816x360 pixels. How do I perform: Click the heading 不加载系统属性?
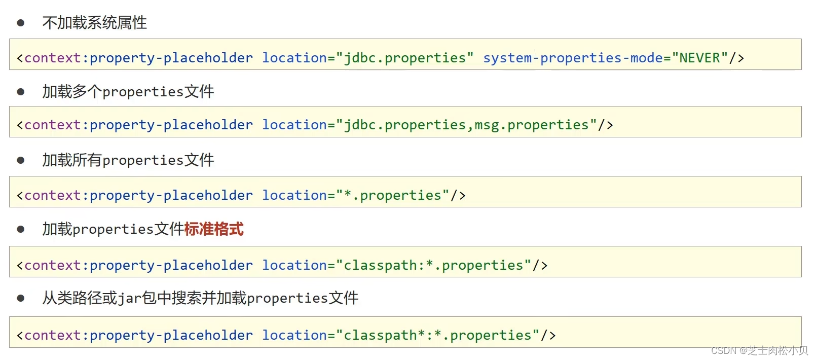[95, 23]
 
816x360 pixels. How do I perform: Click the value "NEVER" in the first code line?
[699, 58]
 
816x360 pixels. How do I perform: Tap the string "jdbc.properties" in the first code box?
[405, 58]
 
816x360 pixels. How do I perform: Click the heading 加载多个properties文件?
[128, 92]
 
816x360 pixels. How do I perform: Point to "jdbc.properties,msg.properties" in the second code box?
[466, 125]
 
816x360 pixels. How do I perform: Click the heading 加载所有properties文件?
[128, 160]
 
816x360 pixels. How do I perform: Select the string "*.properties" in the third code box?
[393, 196]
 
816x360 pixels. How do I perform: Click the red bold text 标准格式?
[214, 229]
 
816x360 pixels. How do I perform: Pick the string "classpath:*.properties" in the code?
[434, 266]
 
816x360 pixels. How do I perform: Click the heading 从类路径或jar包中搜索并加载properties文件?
[200, 298]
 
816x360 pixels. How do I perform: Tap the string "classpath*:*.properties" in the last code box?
[438, 336]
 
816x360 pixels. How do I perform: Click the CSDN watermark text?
[759, 350]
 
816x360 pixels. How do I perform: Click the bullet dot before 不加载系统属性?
[21, 23]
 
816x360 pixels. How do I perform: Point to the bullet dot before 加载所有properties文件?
[21, 160]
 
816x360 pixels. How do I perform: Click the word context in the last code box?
[52, 336]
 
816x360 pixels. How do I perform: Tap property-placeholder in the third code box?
[171, 196]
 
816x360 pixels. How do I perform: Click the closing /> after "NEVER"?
[736, 58]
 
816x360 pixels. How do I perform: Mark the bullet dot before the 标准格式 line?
[21, 229]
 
